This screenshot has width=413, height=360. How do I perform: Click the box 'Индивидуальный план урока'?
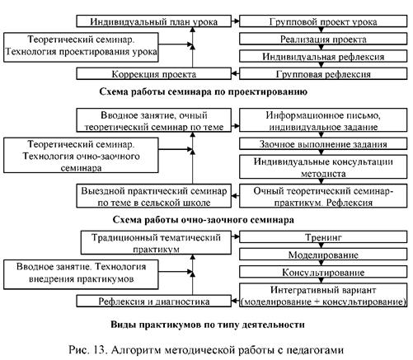(x=153, y=21)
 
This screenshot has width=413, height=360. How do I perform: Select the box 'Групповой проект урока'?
(x=323, y=21)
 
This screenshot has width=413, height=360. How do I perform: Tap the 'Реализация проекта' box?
(x=323, y=39)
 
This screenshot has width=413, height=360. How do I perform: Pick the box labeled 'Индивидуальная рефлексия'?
(x=323, y=56)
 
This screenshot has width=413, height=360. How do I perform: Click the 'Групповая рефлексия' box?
(x=323, y=73)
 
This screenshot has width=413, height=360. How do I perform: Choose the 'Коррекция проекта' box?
(x=153, y=73)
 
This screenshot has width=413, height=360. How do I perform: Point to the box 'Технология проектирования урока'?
(x=81, y=47)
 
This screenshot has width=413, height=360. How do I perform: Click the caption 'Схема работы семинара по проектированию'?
(x=203, y=91)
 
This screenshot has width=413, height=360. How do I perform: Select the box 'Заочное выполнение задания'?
(x=323, y=144)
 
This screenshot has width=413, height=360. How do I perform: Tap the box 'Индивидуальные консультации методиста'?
(x=323, y=167)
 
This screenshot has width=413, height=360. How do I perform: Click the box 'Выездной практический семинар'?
(x=153, y=196)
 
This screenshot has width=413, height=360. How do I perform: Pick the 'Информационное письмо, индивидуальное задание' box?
(x=323, y=120)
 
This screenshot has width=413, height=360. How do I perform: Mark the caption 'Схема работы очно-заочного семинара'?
(x=203, y=220)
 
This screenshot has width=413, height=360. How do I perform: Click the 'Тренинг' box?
(x=323, y=236)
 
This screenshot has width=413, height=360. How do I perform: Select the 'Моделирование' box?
(x=323, y=255)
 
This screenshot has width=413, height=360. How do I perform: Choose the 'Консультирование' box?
(x=323, y=272)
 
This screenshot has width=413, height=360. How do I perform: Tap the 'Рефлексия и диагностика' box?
(x=153, y=301)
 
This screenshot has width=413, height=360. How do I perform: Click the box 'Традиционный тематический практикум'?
(x=156, y=242)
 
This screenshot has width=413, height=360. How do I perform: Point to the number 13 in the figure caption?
(x=100, y=350)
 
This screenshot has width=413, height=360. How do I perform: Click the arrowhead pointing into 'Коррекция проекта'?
(x=234, y=73)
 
